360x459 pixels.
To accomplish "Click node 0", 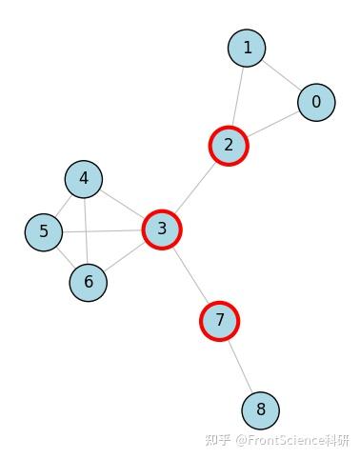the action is point(316,102).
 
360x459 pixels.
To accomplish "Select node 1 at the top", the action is point(248,48).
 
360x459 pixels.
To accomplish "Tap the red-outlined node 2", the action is point(229,146).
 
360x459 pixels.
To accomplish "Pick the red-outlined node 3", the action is point(162,229).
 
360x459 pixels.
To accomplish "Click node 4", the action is point(84,178).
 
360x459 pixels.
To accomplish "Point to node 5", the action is point(44,231).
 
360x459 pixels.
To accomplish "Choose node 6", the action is point(89,282).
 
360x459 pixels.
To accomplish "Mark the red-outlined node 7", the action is point(220,321).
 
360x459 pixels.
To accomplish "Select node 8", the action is point(260,411).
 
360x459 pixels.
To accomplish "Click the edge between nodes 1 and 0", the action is point(282,74).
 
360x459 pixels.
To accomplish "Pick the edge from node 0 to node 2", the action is point(273,124).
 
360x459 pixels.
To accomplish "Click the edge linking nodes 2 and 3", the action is point(196,187).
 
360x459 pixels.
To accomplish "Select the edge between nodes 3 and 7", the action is point(190,274).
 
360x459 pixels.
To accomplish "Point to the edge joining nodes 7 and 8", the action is point(240,366).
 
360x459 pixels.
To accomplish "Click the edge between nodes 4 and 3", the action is point(123,204).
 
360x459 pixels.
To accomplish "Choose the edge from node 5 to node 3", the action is point(103,230).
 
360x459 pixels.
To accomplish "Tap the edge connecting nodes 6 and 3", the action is point(125,256).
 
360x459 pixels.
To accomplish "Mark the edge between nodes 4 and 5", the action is point(64,205).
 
